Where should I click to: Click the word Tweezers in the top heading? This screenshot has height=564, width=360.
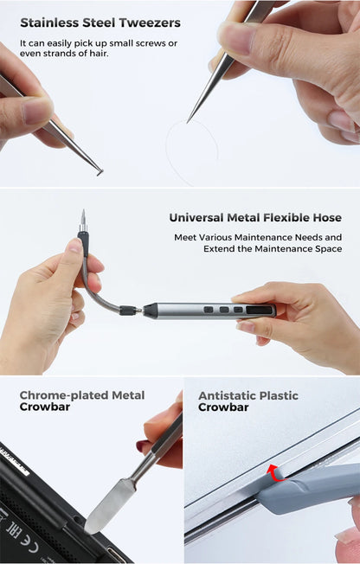(x=150, y=22)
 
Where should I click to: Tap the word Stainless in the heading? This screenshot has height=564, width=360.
(x=49, y=22)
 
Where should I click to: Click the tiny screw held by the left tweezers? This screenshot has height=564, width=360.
(x=100, y=171)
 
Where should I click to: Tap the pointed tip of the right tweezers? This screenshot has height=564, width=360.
(x=188, y=122)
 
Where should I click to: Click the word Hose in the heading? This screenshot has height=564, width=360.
(x=327, y=218)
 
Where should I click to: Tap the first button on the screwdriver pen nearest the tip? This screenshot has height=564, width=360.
(x=209, y=310)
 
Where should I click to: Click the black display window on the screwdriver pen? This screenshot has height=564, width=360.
(x=259, y=310)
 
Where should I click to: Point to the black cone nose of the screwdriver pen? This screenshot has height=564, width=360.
(x=151, y=310)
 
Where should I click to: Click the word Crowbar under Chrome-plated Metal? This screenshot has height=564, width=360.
(x=45, y=407)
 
